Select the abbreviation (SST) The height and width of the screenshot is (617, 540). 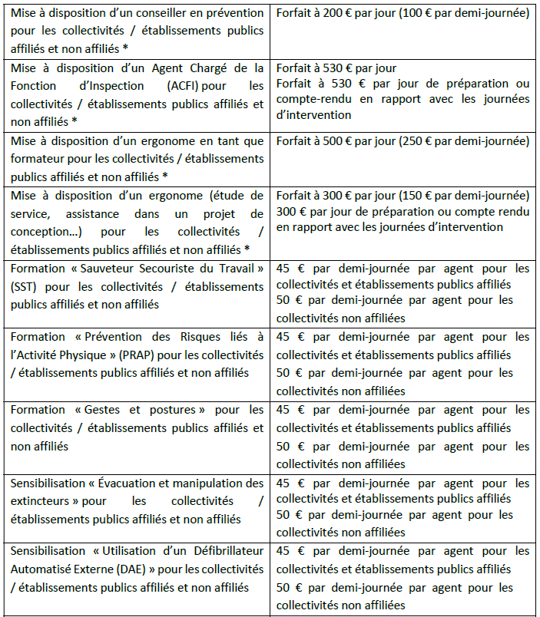coord(25,287)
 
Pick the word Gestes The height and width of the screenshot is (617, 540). coord(97,410)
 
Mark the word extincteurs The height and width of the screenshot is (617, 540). coord(39,501)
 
